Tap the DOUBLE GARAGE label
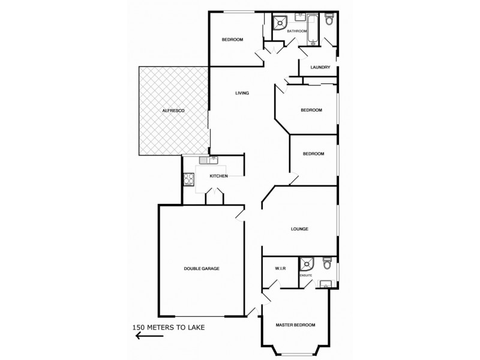point(202,268)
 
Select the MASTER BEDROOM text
point(295,325)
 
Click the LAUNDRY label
point(320,67)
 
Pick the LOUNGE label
point(299,229)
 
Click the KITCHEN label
point(218,176)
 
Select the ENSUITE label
point(306,275)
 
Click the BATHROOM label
point(296,31)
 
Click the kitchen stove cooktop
point(188,178)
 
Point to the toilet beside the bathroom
point(329,21)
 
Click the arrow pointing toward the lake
point(150,337)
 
